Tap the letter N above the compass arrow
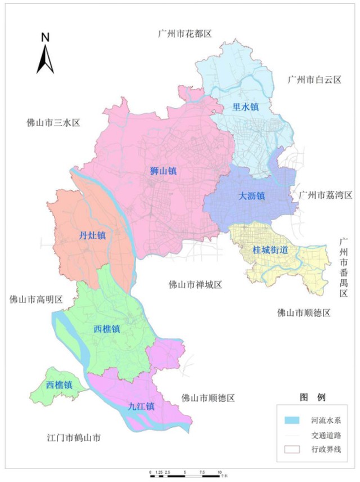[46, 38]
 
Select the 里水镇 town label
[245, 106]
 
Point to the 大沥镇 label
[251, 196]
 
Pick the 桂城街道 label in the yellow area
[271, 249]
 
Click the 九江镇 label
[141, 405]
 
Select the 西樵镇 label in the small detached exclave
[59, 385]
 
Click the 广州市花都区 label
[184, 34]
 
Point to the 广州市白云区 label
[314, 80]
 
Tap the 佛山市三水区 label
[54, 122]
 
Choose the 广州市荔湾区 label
[325, 195]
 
